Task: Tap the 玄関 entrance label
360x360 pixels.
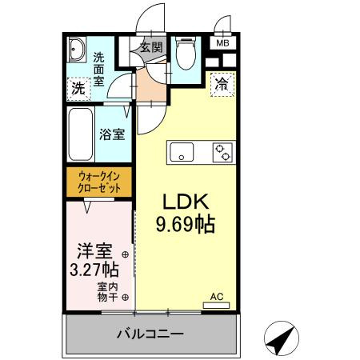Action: point(151,47)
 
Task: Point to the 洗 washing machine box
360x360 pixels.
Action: point(78,88)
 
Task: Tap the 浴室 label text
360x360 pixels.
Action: point(112,134)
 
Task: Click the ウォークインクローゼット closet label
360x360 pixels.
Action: point(100,182)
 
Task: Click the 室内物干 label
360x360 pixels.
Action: point(108,292)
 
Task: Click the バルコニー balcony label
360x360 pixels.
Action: point(150,334)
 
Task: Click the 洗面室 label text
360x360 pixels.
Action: point(99,70)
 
